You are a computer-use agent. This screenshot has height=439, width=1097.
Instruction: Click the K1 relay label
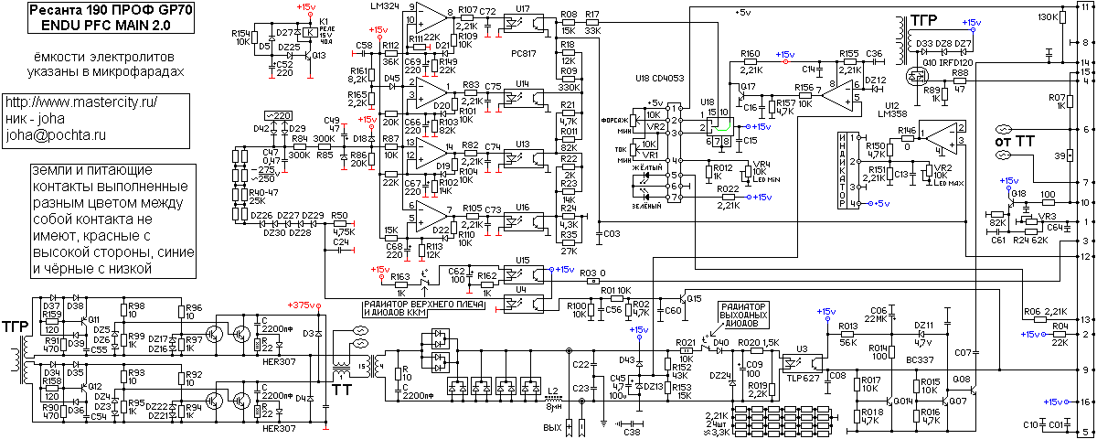pos(325,19)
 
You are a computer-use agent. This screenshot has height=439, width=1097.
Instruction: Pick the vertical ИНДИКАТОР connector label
pos(844,169)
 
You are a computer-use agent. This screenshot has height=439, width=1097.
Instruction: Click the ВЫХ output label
pos(551,426)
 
